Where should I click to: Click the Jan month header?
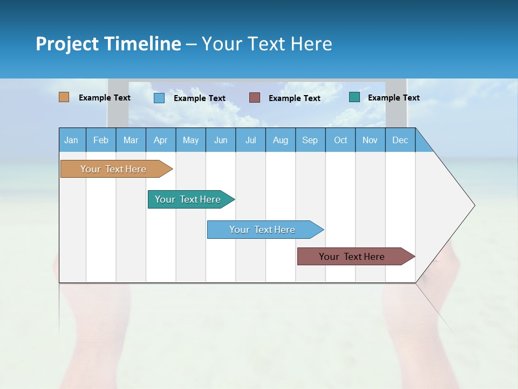72,140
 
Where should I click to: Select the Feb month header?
101,140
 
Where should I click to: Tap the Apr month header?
161,140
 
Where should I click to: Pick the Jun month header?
221,140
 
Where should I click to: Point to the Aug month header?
281,140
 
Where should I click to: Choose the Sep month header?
310,140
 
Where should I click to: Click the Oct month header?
340,140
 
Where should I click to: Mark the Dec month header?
400,140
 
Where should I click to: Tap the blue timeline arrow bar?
263,230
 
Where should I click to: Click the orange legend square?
64,97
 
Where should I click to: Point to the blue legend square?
159,98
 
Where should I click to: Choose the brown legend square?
255,98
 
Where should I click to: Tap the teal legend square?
355,97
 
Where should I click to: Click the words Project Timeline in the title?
108,44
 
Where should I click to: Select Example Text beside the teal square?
393,98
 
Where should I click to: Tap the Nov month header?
370,140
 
